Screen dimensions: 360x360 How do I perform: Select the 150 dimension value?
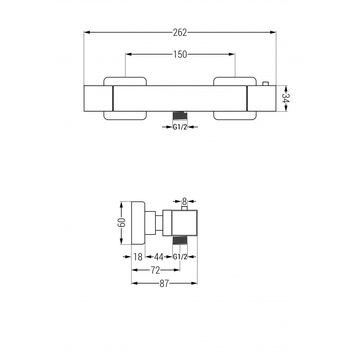click(180, 54)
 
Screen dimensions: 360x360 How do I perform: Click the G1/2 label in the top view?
click(180, 127)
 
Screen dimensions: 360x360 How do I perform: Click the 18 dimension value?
click(138, 257)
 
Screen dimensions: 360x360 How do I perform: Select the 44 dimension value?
click(158, 257)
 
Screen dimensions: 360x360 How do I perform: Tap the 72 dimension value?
click(155, 270)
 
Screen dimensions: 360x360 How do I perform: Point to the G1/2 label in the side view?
click(180, 257)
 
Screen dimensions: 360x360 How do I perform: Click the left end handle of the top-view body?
click(99, 98)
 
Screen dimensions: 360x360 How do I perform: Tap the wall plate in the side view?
click(138, 223)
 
